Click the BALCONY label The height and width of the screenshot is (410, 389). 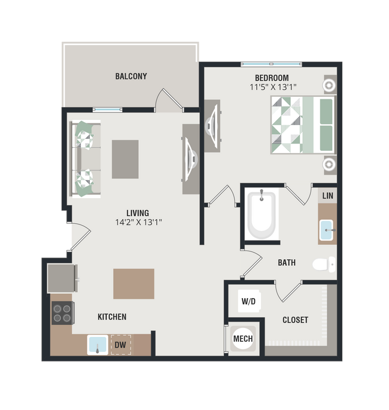tap(131, 77)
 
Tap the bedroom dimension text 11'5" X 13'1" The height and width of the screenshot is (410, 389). tap(273, 87)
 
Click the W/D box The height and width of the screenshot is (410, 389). tap(248, 301)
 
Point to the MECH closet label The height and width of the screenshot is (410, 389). tap(242, 339)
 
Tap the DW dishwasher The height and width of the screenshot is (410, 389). tap(120, 345)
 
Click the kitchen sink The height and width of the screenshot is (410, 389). tap(98, 345)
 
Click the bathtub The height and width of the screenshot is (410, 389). tap(262, 214)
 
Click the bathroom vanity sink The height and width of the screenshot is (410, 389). tap(327, 229)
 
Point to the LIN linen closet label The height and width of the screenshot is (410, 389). tap(327, 196)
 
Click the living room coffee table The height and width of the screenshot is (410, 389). tap(125, 159)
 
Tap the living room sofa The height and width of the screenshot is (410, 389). tap(86, 159)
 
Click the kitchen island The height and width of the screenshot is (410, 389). tap(133, 283)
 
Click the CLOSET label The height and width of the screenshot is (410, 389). tap(295, 320)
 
